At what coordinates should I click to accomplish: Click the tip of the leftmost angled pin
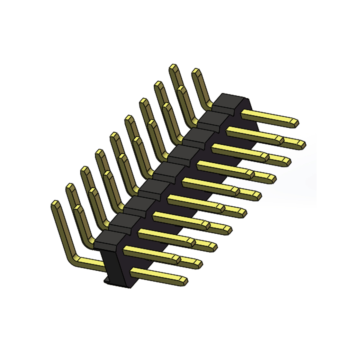click(x=55, y=204)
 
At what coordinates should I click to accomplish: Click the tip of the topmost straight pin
click(x=294, y=122)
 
